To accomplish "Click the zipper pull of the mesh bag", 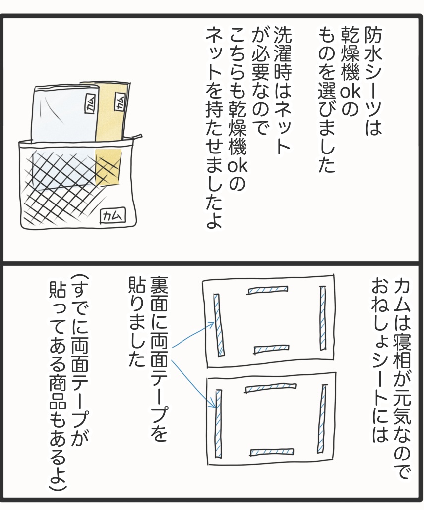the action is pyautogui.click(x=138, y=137).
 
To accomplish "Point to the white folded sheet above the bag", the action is pyautogui.click(x=65, y=114).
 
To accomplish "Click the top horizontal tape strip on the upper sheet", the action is pyautogui.click(x=268, y=290).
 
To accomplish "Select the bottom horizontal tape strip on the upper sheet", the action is pyautogui.click(x=271, y=349).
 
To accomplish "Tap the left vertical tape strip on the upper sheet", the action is pyautogui.click(x=217, y=326).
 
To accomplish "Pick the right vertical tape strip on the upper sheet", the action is pyautogui.click(x=323, y=318).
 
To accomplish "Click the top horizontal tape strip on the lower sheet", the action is pyautogui.click(x=270, y=388).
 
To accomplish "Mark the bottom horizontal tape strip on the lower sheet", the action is pyautogui.click(x=272, y=452).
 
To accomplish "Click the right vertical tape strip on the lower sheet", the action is pyautogui.click(x=323, y=416).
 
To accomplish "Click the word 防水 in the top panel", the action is pyautogui.click(x=372, y=46).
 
